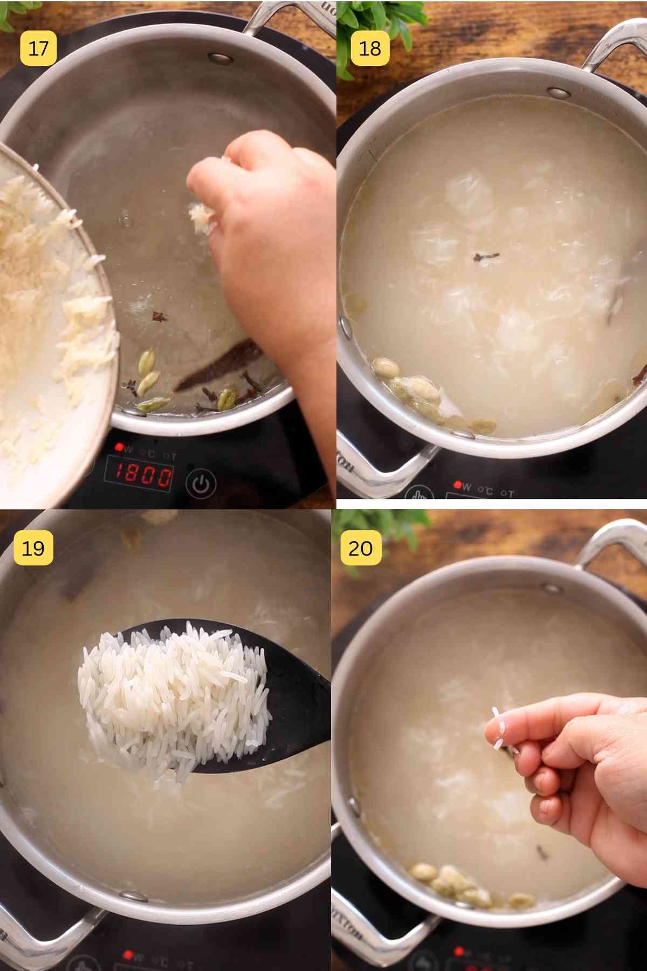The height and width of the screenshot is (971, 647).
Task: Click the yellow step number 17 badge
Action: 38,48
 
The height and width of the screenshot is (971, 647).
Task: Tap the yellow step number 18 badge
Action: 370,48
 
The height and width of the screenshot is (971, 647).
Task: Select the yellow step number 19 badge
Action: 33,548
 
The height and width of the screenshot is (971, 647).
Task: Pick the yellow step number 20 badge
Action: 361,548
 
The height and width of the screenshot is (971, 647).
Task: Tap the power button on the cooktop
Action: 201,484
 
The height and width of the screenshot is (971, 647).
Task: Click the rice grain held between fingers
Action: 501,728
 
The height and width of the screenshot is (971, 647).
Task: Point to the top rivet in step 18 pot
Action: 559,92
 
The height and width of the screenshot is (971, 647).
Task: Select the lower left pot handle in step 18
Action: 377,469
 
